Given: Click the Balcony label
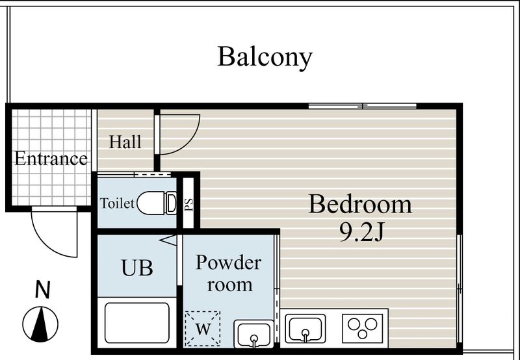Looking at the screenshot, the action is pyautogui.click(x=265, y=57).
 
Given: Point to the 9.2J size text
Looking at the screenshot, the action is pyautogui.click(x=361, y=232).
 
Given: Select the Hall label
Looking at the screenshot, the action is pyautogui.click(x=125, y=142).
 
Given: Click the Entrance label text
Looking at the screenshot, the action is pyautogui.click(x=51, y=158).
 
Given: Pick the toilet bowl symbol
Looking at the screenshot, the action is pyautogui.click(x=157, y=203).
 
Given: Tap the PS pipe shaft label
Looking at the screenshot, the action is pyautogui.click(x=188, y=205).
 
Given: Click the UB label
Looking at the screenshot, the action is pyautogui.click(x=137, y=268).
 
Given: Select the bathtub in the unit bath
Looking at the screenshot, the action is pyautogui.click(x=137, y=323).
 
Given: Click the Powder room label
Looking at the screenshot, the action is pyautogui.click(x=229, y=274).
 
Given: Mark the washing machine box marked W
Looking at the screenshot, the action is pyautogui.click(x=203, y=329).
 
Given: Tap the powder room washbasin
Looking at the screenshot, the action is pyautogui.click(x=253, y=334).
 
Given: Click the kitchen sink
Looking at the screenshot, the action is pyautogui.click(x=305, y=328).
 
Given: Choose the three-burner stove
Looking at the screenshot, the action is pyautogui.click(x=363, y=328).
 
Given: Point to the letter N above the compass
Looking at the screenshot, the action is pyautogui.click(x=43, y=289).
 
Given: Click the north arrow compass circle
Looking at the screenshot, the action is pyautogui.click(x=40, y=324).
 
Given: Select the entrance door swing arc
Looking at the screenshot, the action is pyautogui.click(x=50, y=244).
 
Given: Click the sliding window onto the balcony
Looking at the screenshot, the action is pyautogui.click(x=362, y=106).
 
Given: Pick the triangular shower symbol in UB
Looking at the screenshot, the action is pyautogui.click(x=168, y=240).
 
